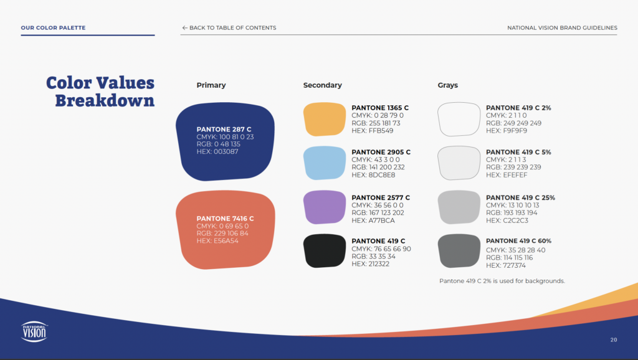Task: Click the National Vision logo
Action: coord(34,331)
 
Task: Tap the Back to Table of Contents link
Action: coord(229,27)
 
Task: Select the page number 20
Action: coord(614,339)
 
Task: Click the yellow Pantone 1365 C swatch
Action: coord(324,119)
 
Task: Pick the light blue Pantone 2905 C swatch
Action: coord(324,163)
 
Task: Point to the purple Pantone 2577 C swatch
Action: coord(324,207)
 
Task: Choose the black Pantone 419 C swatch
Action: coord(324,250)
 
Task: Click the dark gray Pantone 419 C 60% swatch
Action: coord(459,250)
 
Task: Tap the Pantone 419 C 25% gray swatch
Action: coord(459,207)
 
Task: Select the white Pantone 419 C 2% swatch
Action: coord(459,119)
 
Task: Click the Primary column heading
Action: coord(211,85)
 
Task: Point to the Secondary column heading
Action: coord(322,85)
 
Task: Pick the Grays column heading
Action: coord(447,85)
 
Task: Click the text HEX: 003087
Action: coord(217,152)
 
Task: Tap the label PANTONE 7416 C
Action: coord(225,219)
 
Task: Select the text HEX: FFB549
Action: coord(373,131)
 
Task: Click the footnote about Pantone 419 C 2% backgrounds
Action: coord(502,281)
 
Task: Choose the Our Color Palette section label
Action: coord(54,27)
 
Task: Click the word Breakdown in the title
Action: coord(105,100)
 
